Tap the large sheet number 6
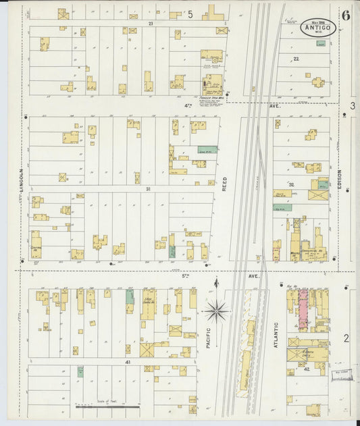click(x=346, y=16)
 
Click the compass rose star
click(x=216, y=311)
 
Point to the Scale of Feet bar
click(x=98, y=406)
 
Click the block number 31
click(x=147, y=189)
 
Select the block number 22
click(x=296, y=59)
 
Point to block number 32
click(x=292, y=184)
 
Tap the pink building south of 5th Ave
click(x=303, y=310)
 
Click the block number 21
click(x=151, y=23)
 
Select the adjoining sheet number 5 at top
click(x=190, y=14)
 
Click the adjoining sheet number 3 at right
click(x=352, y=106)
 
